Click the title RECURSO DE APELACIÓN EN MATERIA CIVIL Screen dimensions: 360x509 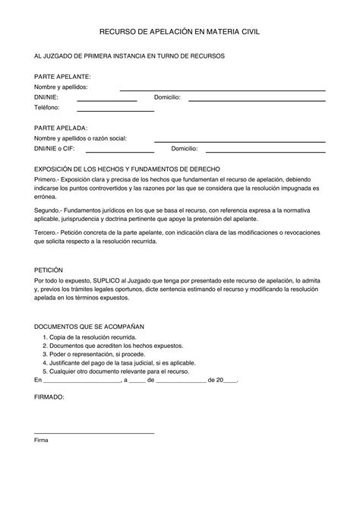(179, 33)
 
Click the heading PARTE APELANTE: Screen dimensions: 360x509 (63, 77)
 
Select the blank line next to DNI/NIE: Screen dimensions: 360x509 (106, 100)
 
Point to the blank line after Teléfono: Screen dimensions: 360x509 (111, 110)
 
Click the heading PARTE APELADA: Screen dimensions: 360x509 (62, 128)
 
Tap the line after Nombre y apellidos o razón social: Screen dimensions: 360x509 (239, 141)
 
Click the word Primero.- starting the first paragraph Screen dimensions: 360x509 (48, 179)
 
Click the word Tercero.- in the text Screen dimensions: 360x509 (48, 231)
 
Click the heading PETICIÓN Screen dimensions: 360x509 (49, 270)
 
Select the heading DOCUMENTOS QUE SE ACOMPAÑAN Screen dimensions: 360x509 (89, 325)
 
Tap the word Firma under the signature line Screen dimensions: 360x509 (41, 440)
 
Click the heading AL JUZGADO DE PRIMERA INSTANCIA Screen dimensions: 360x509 (129, 56)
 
